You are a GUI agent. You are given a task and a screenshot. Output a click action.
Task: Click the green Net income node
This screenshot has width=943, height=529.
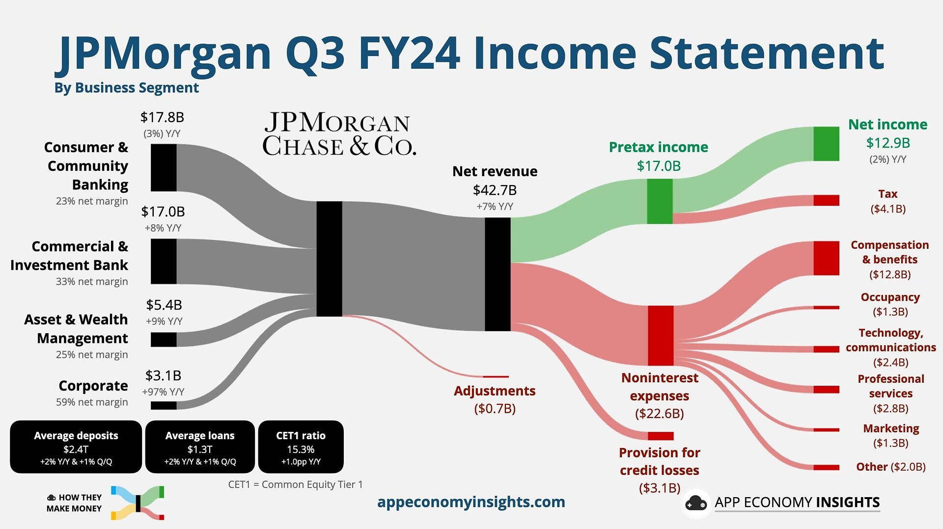826,144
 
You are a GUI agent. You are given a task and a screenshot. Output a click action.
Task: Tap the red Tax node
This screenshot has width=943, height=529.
826,200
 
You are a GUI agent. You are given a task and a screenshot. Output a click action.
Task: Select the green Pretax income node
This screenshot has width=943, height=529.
660,201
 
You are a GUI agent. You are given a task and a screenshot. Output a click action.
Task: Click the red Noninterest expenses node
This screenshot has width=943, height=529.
661,336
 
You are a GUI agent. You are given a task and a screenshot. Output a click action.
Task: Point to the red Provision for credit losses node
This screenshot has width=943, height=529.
661,436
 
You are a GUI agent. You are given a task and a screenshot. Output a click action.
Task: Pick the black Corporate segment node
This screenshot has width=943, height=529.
164,405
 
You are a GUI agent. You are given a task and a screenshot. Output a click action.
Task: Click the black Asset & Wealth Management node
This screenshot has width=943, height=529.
164,340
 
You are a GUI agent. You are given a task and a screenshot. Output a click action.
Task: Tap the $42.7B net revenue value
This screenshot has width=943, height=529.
495,190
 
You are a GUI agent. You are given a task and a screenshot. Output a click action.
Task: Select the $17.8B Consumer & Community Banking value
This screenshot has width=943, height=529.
162,117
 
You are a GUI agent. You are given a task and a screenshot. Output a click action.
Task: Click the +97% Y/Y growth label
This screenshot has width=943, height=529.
163,392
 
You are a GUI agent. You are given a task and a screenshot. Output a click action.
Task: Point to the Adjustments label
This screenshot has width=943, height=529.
495,391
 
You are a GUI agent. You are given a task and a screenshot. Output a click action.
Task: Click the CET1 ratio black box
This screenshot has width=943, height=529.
301,447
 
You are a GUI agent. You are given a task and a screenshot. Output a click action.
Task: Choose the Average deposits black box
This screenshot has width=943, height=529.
76,447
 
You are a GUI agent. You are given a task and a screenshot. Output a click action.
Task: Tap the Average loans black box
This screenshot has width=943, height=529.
200,447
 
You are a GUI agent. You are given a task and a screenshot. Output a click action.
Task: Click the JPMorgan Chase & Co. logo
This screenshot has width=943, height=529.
339,134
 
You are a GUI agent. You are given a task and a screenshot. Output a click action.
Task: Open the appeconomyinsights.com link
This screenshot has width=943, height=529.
471,502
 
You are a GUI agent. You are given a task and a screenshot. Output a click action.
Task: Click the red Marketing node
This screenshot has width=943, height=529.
826,430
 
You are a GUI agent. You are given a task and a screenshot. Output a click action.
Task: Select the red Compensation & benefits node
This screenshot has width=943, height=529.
826,258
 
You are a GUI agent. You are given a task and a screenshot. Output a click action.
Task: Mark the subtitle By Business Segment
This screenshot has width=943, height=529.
127,88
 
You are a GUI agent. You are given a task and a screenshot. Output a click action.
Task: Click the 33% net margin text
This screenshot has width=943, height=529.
92,282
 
